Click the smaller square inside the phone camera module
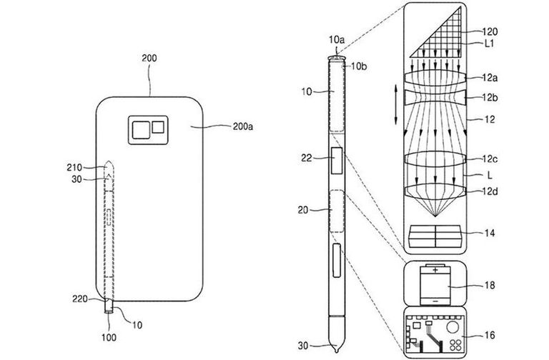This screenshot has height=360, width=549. tap(157, 128)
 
